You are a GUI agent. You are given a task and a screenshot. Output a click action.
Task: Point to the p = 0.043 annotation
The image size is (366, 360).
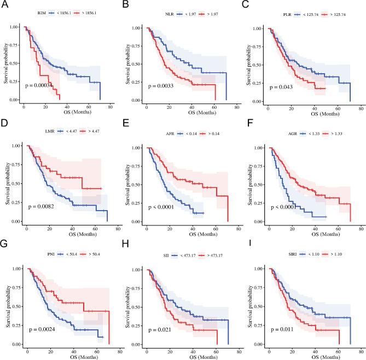279,85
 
